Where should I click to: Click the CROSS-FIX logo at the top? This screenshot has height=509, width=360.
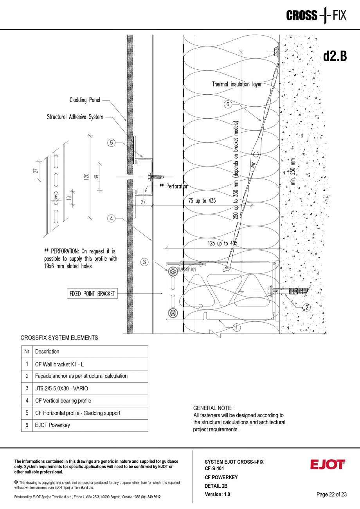(x=316, y=16)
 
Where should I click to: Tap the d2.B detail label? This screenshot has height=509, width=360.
(x=335, y=56)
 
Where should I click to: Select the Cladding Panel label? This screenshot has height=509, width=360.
(x=85, y=100)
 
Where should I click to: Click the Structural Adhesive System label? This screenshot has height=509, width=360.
(x=75, y=117)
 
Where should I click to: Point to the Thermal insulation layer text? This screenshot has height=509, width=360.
(x=237, y=84)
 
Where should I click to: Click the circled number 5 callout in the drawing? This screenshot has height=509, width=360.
(x=112, y=143)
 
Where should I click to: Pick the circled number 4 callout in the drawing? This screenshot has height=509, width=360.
(x=112, y=218)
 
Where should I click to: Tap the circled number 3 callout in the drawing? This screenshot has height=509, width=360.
(x=144, y=262)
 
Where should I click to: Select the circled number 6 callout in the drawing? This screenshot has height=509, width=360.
(x=228, y=104)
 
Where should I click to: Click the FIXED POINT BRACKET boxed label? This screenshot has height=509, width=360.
(x=92, y=294)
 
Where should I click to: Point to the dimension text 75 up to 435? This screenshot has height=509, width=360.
(x=202, y=201)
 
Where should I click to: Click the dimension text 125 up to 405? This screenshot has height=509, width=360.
(x=222, y=244)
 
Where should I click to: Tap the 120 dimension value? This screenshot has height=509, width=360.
(x=86, y=177)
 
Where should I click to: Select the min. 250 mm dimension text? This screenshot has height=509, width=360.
(x=293, y=171)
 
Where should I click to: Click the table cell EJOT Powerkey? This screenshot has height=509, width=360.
(x=52, y=425)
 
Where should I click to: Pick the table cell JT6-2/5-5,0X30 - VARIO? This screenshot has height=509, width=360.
(x=61, y=388)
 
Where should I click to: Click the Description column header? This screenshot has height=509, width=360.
(x=47, y=352)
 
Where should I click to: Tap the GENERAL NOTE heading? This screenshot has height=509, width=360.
(x=212, y=408)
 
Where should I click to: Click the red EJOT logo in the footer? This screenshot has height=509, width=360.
(x=328, y=465)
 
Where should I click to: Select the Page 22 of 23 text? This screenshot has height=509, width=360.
(x=331, y=495)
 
